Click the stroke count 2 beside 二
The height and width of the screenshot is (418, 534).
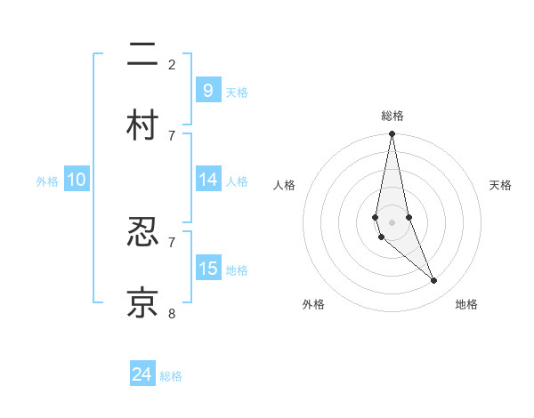(x=172, y=64)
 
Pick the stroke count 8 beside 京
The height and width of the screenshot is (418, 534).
(x=172, y=313)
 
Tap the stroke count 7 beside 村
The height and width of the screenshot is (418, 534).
(x=172, y=135)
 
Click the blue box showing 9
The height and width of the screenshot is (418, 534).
(x=207, y=90)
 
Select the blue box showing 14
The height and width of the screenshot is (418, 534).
(x=207, y=180)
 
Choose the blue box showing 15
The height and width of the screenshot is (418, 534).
(x=207, y=268)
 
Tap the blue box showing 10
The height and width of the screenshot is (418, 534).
(x=77, y=180)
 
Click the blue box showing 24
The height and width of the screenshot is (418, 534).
(x=142, y=374)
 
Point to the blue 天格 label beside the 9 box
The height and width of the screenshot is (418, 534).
(x=237, y=92)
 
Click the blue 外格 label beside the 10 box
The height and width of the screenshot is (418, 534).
(x=47, y=181)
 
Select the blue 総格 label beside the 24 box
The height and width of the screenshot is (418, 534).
(x=171, y=376)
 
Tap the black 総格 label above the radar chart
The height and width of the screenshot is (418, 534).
(x=392, y=116)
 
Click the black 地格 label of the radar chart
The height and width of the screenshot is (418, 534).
(x=466, y=304)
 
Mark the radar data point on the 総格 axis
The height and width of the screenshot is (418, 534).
(x=392, y=134)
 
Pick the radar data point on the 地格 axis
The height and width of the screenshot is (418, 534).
(x=434, y=281)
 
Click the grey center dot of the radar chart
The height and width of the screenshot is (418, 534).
(x=392, y=221)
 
